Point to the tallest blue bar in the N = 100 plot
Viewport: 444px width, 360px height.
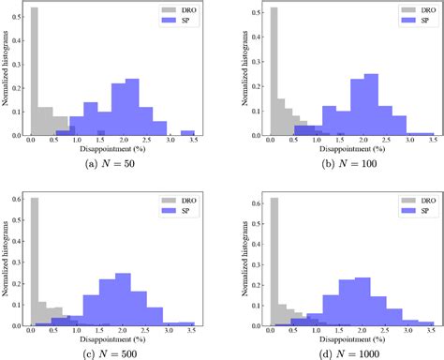pos(371,105)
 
